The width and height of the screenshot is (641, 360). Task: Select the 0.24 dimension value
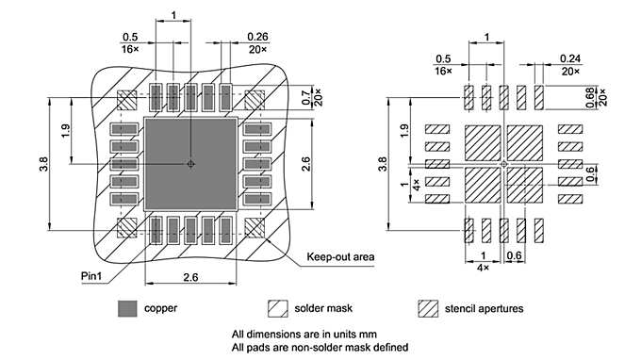coord(568,57)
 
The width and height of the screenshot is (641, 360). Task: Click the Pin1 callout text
coord(92,275)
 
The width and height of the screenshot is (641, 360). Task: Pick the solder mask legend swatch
coord(278,308)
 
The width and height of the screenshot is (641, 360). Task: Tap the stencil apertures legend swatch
coord(428,308)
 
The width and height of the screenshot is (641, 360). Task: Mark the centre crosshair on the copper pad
coord(190,164)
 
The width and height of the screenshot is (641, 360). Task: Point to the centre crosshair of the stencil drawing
coord(503,164)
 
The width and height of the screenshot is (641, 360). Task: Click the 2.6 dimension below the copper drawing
coord(189,276)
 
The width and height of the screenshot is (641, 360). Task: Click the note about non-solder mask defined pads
coord(320,347)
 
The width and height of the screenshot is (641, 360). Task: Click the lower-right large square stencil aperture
coord(525,186)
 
